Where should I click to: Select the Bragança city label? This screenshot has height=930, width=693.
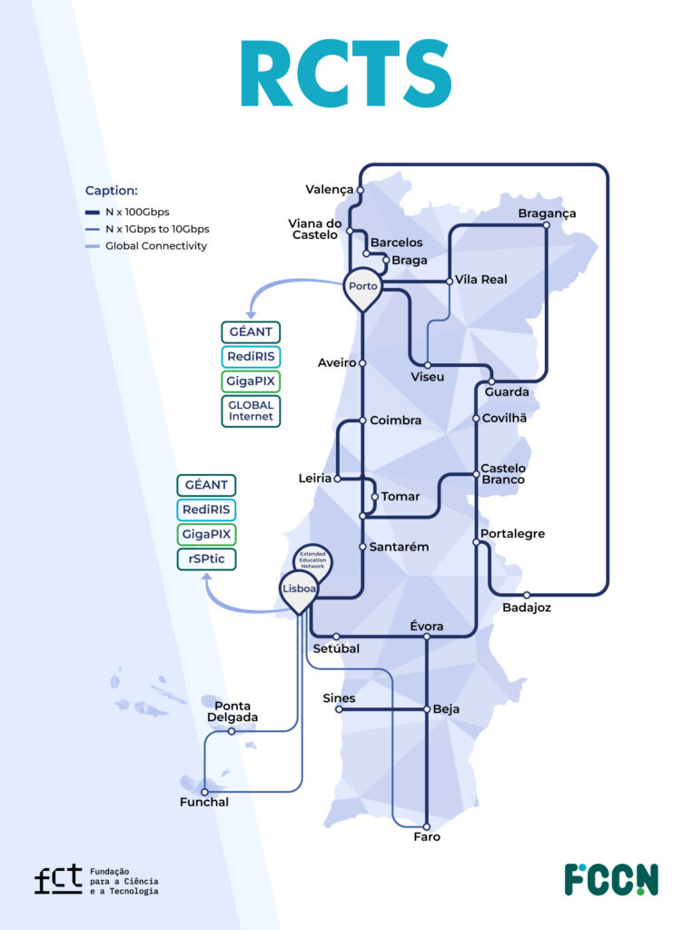click(547, 213)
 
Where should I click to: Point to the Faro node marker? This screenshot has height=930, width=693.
click(427, 825)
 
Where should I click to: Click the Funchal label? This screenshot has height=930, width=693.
click(204, 802)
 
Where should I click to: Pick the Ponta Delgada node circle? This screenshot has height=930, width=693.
click(232, 731)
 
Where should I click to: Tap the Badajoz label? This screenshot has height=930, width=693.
click(527, 607)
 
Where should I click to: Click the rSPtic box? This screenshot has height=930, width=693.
click(206, 559)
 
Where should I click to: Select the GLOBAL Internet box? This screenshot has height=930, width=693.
click(251, 411)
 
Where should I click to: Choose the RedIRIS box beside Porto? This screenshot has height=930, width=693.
click(251, 356)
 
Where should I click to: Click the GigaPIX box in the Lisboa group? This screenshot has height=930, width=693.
click(206, 534)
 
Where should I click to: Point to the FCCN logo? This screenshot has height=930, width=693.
click(610, 879)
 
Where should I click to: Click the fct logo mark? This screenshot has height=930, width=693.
click(57, 880)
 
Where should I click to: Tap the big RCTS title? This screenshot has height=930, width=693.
click(346, 74)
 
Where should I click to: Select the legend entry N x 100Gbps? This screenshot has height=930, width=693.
click(136, 212)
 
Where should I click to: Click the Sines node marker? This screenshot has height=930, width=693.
click(339, 709)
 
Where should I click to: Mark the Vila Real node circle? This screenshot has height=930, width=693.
click(450, 282)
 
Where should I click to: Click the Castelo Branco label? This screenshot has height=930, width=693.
click(502, 474)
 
